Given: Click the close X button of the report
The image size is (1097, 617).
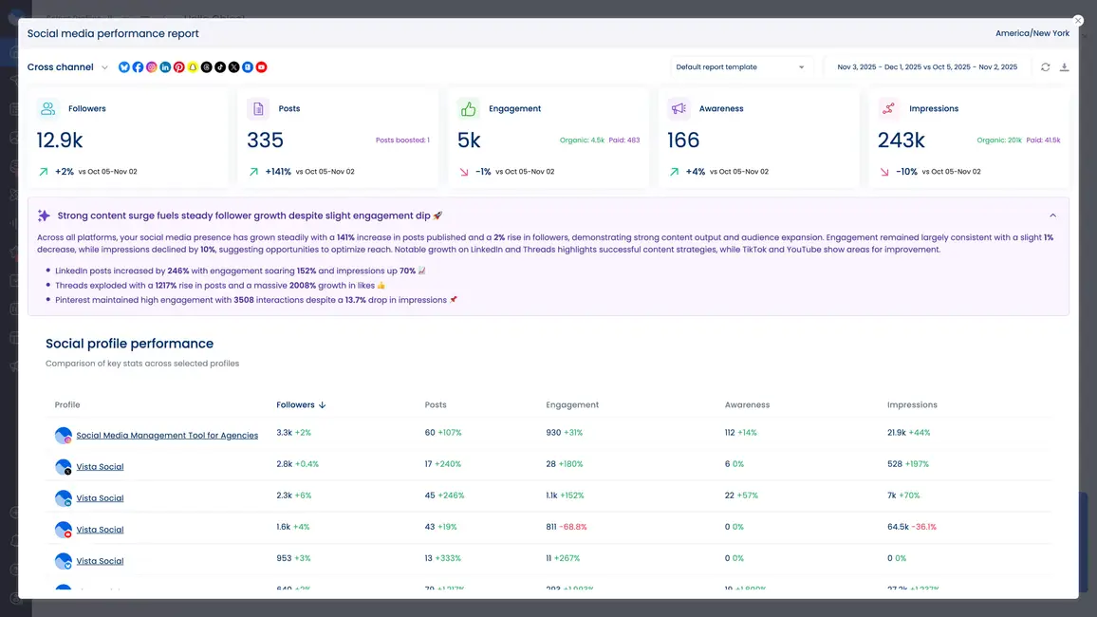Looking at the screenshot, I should (1078, 20).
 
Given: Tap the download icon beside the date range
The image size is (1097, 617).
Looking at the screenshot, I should (1064, 67).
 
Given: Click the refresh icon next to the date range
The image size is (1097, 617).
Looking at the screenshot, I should (1045, 67).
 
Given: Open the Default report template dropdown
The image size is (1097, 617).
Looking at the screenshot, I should (741, 67).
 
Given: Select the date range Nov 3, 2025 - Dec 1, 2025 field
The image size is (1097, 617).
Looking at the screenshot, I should (926, 67).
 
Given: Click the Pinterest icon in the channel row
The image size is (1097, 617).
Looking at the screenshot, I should (178, 67).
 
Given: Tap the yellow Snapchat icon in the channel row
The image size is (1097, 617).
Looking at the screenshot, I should (193, 67).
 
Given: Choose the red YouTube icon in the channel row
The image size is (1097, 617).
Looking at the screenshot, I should (261, 67).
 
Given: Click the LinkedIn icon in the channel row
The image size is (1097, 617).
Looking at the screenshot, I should (165, 67).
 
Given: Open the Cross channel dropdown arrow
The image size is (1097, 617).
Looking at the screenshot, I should (104, 67).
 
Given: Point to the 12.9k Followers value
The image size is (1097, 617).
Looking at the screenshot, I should (60, 140).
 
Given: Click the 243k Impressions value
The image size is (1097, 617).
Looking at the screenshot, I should (901, 140).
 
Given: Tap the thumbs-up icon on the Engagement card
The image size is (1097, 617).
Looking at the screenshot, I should (468, 108).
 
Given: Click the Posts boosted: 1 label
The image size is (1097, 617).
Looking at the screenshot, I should (402, 140).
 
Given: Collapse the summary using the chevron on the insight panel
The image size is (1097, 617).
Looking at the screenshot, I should (1052, 215).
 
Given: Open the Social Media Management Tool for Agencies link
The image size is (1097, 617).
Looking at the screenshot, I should (167, 436).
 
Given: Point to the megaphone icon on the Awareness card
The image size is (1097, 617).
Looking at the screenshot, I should (679, 108).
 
